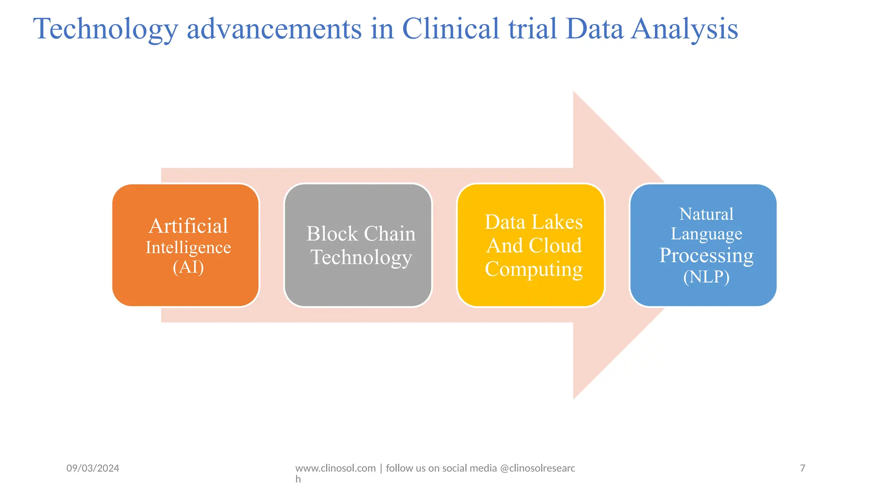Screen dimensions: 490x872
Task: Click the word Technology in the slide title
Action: pyautogui.click(x=105, y=30)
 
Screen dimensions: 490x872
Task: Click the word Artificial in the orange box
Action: pyautogui.click(x=188, y=226)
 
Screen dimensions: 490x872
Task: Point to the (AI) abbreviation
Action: pyautogui.click(x=188, y=268)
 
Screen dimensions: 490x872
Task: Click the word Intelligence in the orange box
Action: pyautogui.click(x=188, y=248)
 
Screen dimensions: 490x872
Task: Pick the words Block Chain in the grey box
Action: pyautogui.click(x=361, y=234)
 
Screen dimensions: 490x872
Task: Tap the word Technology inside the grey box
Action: pyautogui.click(x=361, y=257)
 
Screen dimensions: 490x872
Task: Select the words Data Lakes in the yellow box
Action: pyautogui.click(x=534, y=222)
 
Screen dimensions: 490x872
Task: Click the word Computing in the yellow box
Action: pyautogui.click(x=534, y=269)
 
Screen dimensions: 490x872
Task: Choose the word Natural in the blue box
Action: pyautogui.click(x=706, y=214)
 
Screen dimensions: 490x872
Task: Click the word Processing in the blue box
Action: pyautogui.click(x=706, y=256)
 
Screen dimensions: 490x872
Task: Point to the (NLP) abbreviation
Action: pyautogui.click(x=706, y=277)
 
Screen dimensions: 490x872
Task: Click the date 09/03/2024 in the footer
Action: pyautogui.click(x=93, y=468)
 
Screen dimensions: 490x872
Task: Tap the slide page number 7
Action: pyautogui.click(x=803, y=468)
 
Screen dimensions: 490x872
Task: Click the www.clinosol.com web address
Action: pyautogui.click(x=336, y=468)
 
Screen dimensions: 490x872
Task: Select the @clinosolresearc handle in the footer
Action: pyautogui.click(x=537, y=468)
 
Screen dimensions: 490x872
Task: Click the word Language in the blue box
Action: pyautogui.click(x=706, y=234)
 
